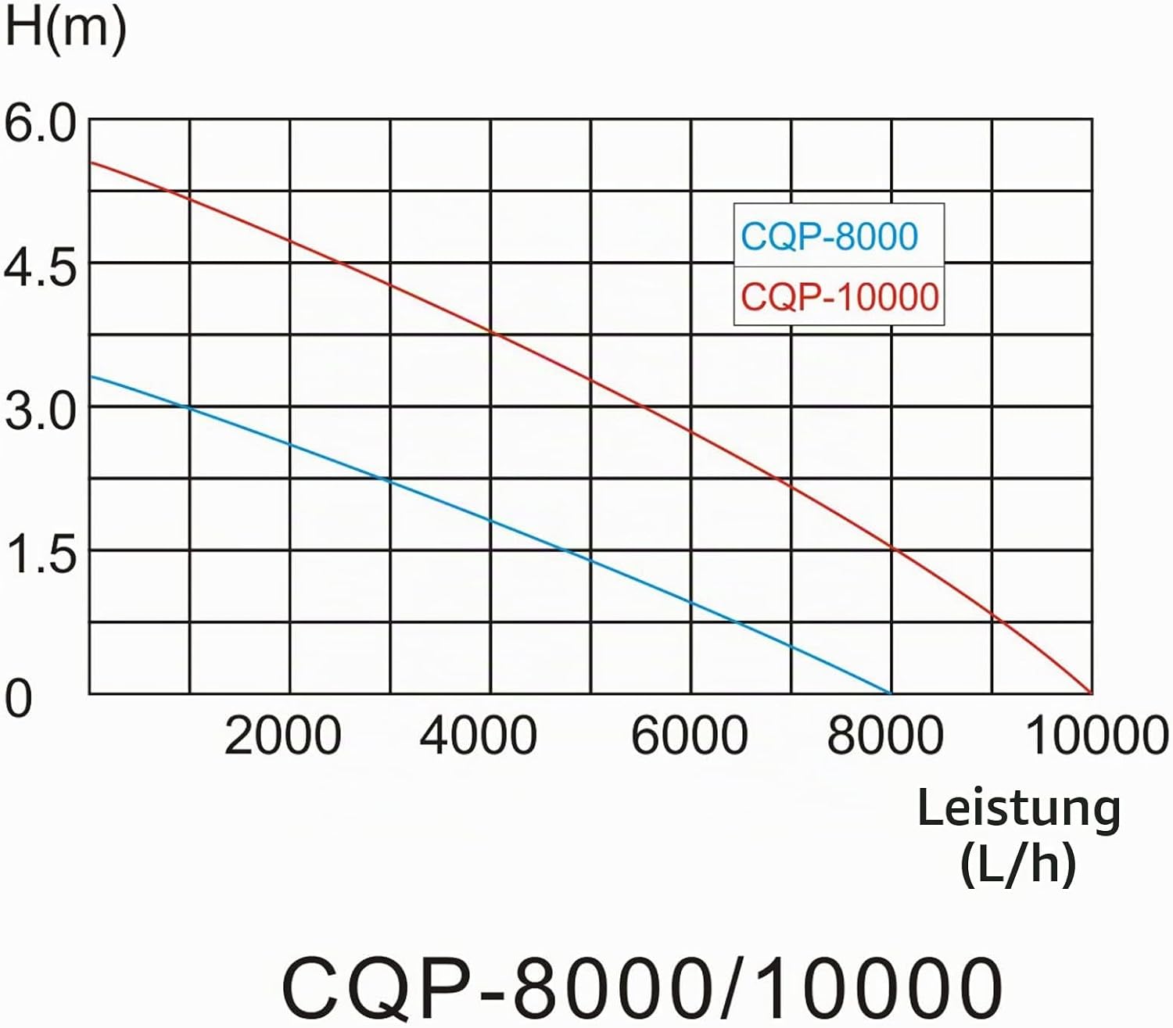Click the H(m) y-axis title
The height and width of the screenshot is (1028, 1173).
tap(65, 27)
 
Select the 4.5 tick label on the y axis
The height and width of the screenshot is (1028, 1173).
tap(40, 268)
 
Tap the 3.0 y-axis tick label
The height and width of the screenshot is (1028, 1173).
tap(40, 411)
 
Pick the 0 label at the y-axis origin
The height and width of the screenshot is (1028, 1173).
tap(18, 699)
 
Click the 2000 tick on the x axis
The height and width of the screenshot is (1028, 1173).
tap(282, 736)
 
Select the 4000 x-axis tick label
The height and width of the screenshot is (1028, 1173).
tap(479, 736)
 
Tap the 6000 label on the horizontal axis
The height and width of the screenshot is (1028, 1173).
tap(689, 736)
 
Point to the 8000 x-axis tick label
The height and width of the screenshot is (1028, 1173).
tap(886, 736)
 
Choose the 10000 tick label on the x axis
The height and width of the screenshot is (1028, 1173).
tap(1097, 736)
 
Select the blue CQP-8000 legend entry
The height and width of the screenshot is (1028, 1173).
tap(829, 236)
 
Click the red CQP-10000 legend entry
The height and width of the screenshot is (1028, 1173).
tap(840, 297)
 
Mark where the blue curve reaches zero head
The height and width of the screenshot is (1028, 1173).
tap(891, 693)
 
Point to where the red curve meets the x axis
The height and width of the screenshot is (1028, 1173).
tap(1092, 693)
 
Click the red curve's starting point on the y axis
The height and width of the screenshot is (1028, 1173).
tap(90, 163)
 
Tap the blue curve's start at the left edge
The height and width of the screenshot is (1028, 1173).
tap(90, 376)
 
